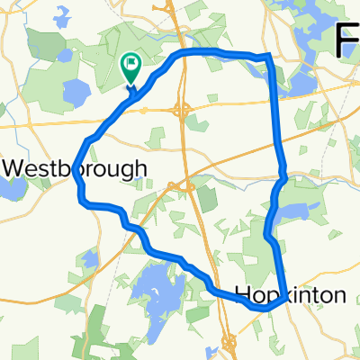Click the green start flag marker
point(131,65)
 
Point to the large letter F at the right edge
point(348,40)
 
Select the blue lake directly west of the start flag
point(76,92)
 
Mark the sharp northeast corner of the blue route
point(268,57)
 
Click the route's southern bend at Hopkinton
point(264,308)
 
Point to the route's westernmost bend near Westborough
point(77,176)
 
